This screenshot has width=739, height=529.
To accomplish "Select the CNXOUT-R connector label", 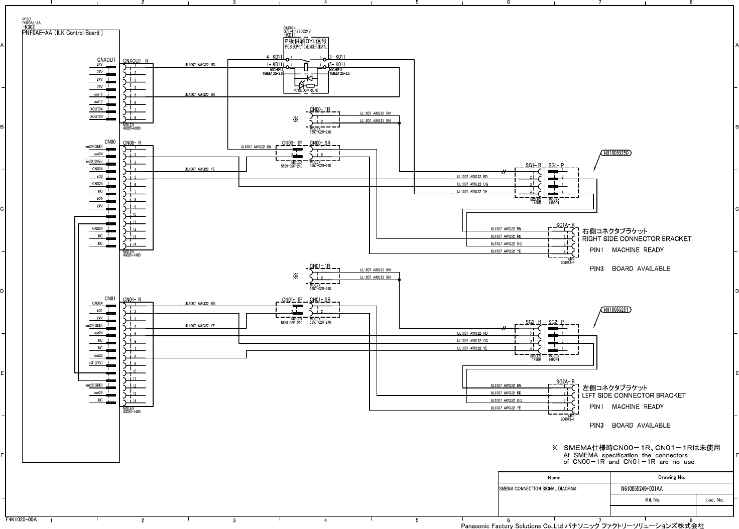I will pyautogui.click(x=136, y=61).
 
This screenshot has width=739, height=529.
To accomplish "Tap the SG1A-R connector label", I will pyautogui.click(x=565, y=225).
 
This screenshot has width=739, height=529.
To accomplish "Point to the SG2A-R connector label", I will pyautogui.click(x=565, y=381).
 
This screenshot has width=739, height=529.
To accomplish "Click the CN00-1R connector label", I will pyautogui.click(x=319, y=109).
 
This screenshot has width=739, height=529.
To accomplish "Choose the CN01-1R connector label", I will pyautogui.click(x=319, y=266).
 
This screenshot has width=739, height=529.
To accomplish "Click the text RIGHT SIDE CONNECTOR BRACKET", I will pyautogui.click(x=637, y=239).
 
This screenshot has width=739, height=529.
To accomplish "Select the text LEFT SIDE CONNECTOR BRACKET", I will pyautogui.click(x=634, y=395).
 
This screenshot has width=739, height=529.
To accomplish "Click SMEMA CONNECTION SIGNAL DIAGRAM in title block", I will pyautogui.click(x=537, y=488).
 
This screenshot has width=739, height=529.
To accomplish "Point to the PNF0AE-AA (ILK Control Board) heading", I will pyautogui.click(x=63, y=33).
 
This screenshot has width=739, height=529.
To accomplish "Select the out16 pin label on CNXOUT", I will pyautogui.click(x=98, y=94).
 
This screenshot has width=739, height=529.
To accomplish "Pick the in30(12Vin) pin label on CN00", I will pyautogui.click(x=94, y=162).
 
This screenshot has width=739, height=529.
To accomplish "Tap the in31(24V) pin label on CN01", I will pyautogui.click(x=95, y=362).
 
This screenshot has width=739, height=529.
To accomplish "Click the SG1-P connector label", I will pyautogui.click(x=556, y=165).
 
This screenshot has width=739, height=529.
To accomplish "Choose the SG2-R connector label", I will pyautogui.click(x=533, y=322).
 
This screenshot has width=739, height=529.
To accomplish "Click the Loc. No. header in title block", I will pyautogui.click(x=714, y=500).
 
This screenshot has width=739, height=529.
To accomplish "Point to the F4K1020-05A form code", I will pyautogui.click(x=21, y=519).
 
